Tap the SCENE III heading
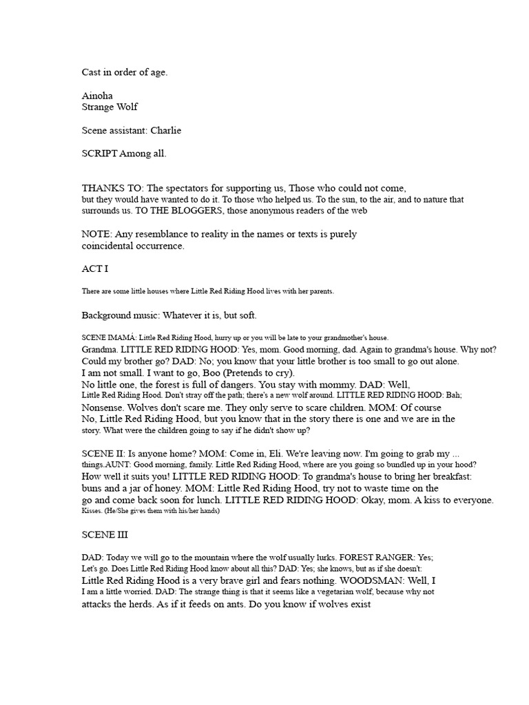[105, 534]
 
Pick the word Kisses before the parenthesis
[92, 511]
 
